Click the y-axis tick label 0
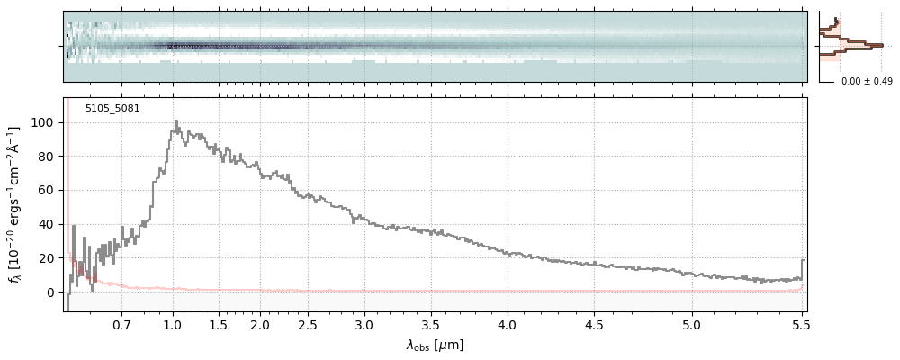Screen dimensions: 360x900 [52, 292]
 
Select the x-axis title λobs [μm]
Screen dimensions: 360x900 [435, 345]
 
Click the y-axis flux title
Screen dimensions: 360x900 [15, 205]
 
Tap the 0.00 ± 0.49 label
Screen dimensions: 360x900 [867, 82]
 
